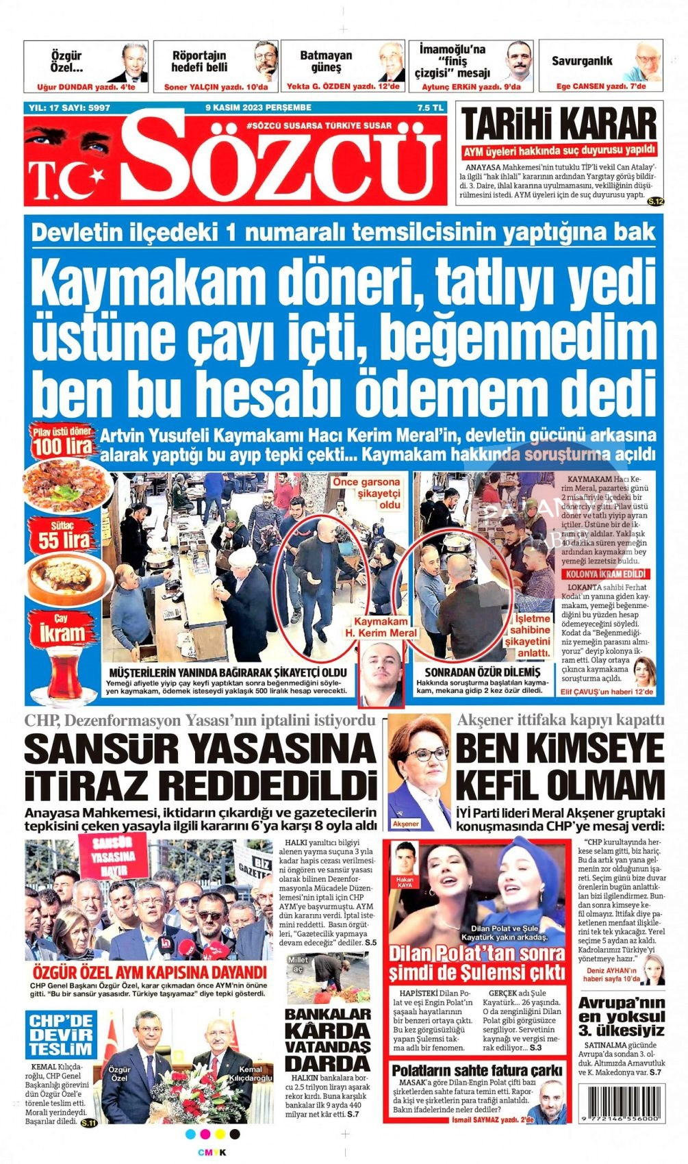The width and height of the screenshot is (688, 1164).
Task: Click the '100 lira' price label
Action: [x=62, y=446]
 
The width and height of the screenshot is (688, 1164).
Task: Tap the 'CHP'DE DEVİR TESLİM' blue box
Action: [x=61, y=1034]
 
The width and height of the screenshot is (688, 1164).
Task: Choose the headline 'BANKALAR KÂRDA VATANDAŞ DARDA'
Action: [x=327, y=1039]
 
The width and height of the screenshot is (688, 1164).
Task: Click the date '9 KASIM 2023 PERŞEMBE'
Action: [x=258, y=107]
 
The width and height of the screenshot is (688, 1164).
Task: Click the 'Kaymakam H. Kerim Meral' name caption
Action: [x=385, y=627]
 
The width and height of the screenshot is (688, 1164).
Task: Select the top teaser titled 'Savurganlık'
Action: [x=582, y=61]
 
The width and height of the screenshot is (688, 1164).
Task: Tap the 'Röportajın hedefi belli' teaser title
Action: [x=199, y=61]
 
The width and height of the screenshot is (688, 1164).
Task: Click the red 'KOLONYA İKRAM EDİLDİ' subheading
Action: [x=603, y=574]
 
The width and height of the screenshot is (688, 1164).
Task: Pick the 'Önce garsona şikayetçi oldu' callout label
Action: [x=366, y=493]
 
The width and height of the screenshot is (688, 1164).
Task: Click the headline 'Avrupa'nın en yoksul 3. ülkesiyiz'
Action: [x=621, y=1016]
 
